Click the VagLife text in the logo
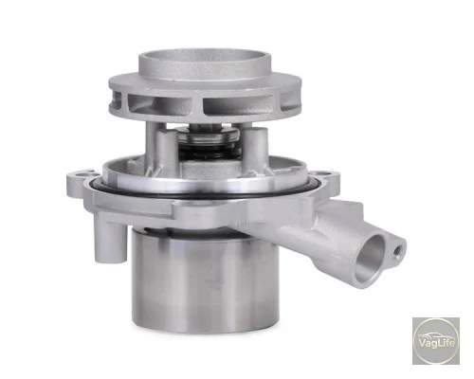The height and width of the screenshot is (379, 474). (436, 343)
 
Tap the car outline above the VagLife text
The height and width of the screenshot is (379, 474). (433, 335)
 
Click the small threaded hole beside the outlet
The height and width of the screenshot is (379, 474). (397, 251)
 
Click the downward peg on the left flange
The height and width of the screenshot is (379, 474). (110, 239)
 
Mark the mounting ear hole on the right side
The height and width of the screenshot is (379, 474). (325, 173)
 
